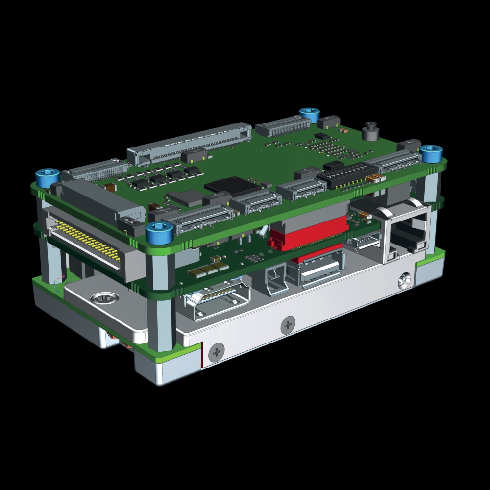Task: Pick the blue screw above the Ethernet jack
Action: pyautogui.click(x=432, y=153)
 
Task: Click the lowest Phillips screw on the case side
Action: pyautogui.click(x=217, y=352)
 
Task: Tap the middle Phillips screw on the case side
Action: pyautogui.click(x=288, y=325)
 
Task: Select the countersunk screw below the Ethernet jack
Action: pyautogui.click(x=404, y=281)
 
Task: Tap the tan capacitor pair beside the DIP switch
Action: pyautogui.click(x=376, y=179)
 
